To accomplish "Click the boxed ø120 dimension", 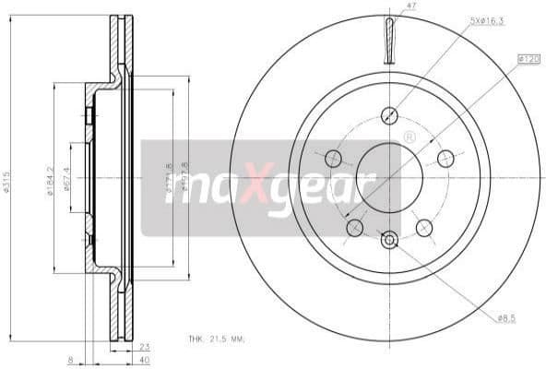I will point(528,59).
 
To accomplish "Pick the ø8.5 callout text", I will point(505,317).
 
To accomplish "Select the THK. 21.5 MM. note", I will point(217,340).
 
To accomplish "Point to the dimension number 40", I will point(144,361).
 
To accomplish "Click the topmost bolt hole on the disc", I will point(389,115).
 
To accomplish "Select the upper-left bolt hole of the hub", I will point(333,158).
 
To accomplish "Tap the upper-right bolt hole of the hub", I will point(445,158).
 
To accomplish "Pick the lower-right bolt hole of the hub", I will point(424,227).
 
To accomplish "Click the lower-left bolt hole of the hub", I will point(354,227).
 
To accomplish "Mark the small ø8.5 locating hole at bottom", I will point(389,240).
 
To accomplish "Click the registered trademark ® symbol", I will point(409,137).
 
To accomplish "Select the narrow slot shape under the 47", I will point(389,41).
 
